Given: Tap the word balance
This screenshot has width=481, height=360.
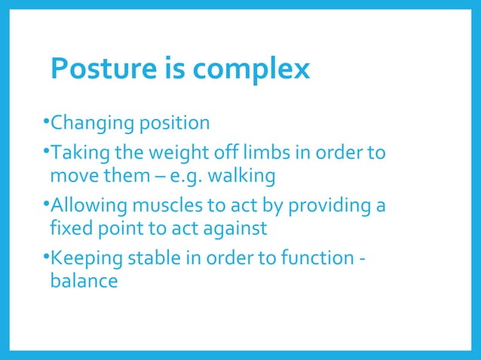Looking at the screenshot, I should [x=84, y=282].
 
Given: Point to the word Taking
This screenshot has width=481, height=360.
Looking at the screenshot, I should [x=75, y=154].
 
